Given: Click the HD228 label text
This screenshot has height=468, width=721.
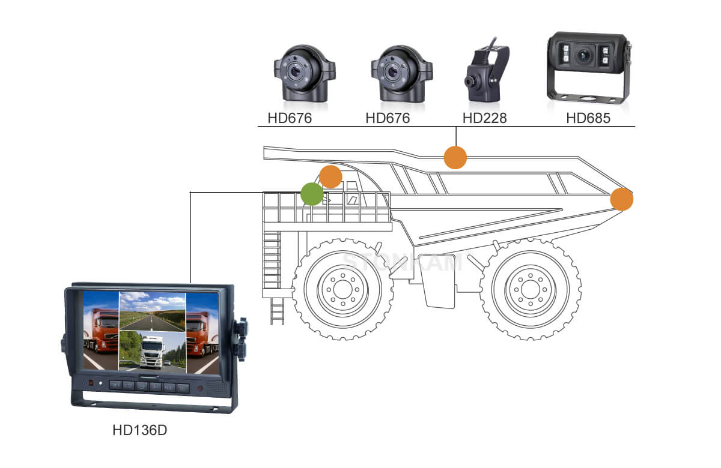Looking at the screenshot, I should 484,118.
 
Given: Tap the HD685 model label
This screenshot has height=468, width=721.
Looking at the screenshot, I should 588,118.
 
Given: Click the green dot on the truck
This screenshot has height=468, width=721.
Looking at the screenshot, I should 312,194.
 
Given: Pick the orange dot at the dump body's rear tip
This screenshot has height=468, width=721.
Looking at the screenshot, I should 621,199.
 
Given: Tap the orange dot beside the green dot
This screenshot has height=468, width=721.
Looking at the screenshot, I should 330,177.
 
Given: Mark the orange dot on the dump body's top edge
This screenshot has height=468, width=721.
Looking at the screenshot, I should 455,157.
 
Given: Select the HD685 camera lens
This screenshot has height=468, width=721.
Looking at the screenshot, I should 583,55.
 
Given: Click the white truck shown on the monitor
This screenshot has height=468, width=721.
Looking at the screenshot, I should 152,350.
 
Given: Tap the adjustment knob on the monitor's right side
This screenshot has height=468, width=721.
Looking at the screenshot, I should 242,339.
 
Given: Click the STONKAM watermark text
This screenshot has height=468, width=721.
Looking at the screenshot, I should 402,262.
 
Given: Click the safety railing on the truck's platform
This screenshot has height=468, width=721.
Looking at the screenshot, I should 327,208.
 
